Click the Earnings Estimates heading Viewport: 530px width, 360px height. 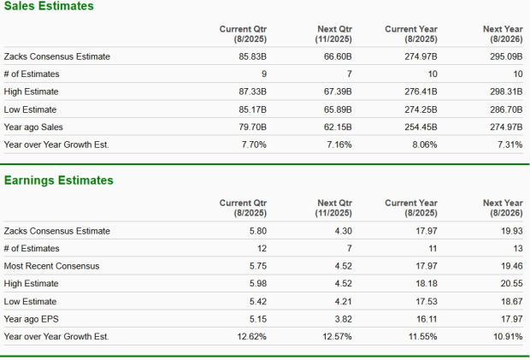click(58, 180)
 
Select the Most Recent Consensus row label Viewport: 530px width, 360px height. click(51, 266)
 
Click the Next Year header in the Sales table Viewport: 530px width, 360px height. click(502, 33)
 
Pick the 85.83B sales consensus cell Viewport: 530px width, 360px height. click(254, 56)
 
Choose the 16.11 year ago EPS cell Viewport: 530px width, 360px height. click(426, 319)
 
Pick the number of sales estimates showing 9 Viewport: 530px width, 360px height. click(264, 74)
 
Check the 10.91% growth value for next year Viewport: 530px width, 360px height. click(508, 336)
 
